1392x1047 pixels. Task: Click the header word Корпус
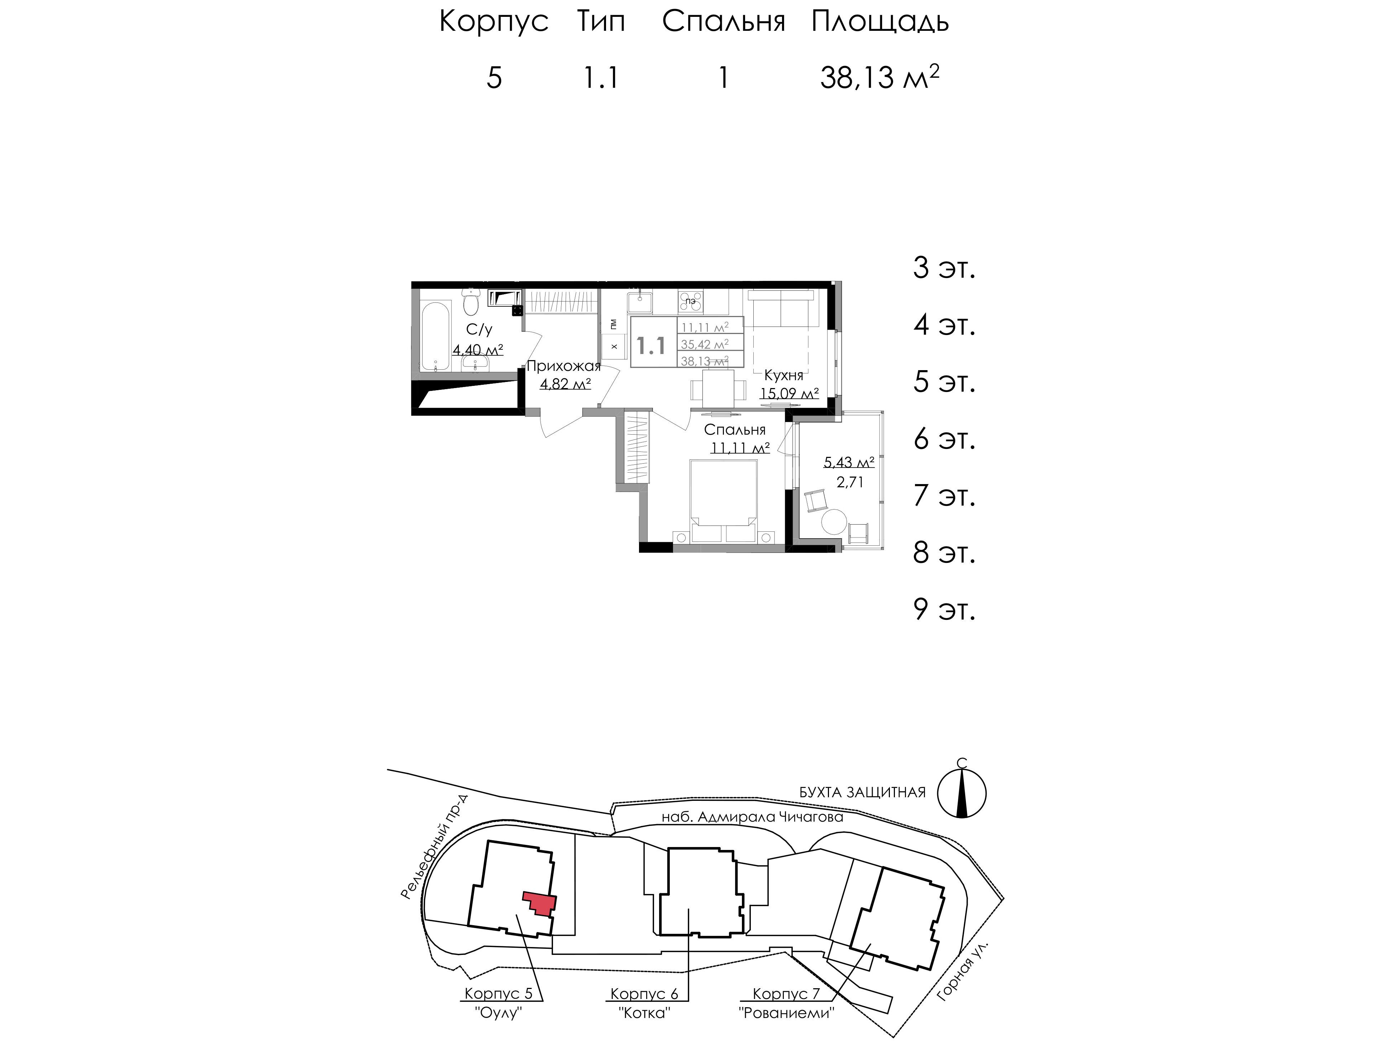[494, 22]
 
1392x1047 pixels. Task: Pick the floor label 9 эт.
[944, 609]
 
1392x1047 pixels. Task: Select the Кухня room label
[783, 376]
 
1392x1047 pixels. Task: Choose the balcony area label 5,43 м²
[849, 463]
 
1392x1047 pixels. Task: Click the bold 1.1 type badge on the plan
[651, 345]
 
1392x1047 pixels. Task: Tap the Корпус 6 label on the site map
[644, 994]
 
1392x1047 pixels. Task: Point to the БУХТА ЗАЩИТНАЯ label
[862, 792]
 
